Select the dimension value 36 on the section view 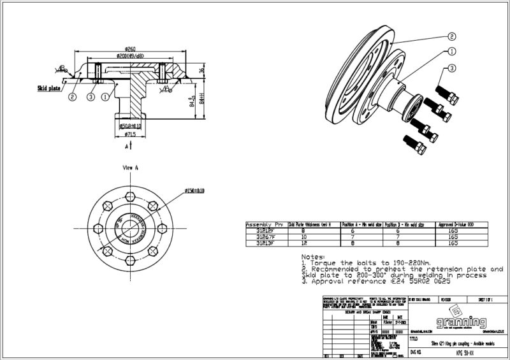[x=201, y=71]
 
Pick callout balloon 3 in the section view [x=91, y=97]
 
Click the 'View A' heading [x=131, y=168]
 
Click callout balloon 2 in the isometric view [x=451, y=36]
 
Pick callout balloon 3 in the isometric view [x=451, y=68]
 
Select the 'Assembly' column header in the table [x=258, y=225]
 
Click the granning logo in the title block [x=456, y=321]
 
